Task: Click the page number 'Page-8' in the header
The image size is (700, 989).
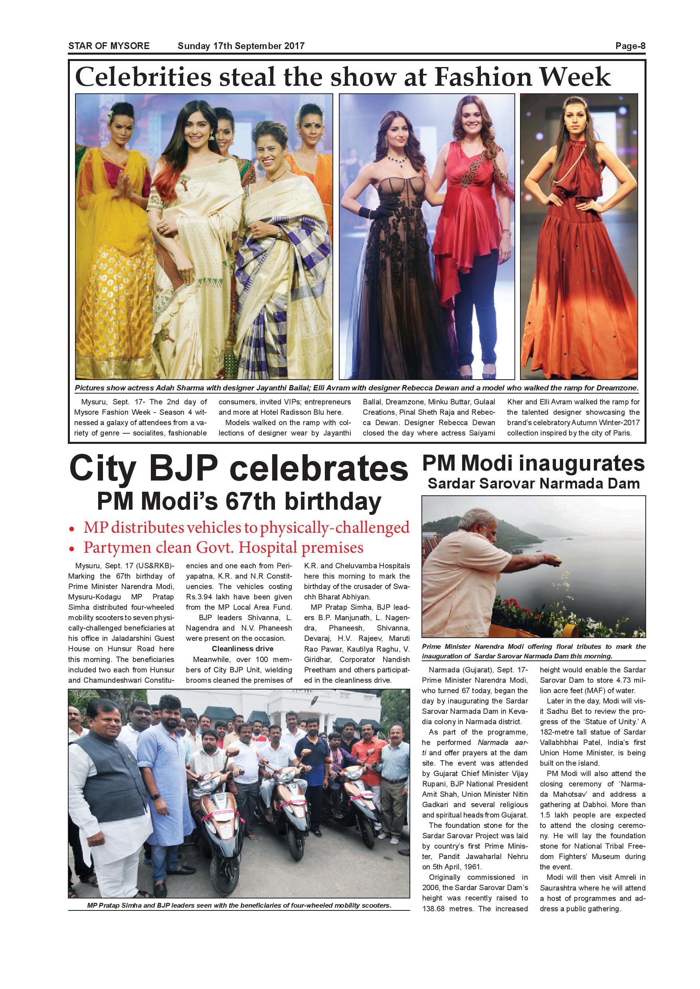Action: (x=630, y=46)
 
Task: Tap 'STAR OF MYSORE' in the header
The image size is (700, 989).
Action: (x=109, y=46)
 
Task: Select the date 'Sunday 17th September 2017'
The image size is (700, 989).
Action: (x=241, y=46)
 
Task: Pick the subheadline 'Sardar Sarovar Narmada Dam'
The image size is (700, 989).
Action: (x=533, y=483)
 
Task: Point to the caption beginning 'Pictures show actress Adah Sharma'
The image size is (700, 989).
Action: (x=356, y=388)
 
